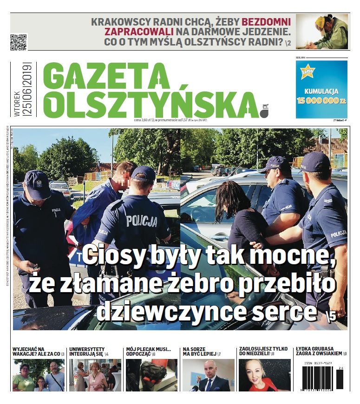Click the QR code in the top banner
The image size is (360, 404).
click(x=19, y=41)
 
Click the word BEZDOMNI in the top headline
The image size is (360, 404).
click(x=266, y=21)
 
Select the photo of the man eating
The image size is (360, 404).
click(x=322, y=32)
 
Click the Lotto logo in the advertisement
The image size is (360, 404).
click(x=308, y=73)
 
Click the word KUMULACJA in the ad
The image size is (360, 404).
click(x=321, y=91)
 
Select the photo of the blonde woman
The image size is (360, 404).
click(x=264, y=375)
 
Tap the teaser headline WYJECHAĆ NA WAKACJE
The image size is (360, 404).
click(x=36, y=351)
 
